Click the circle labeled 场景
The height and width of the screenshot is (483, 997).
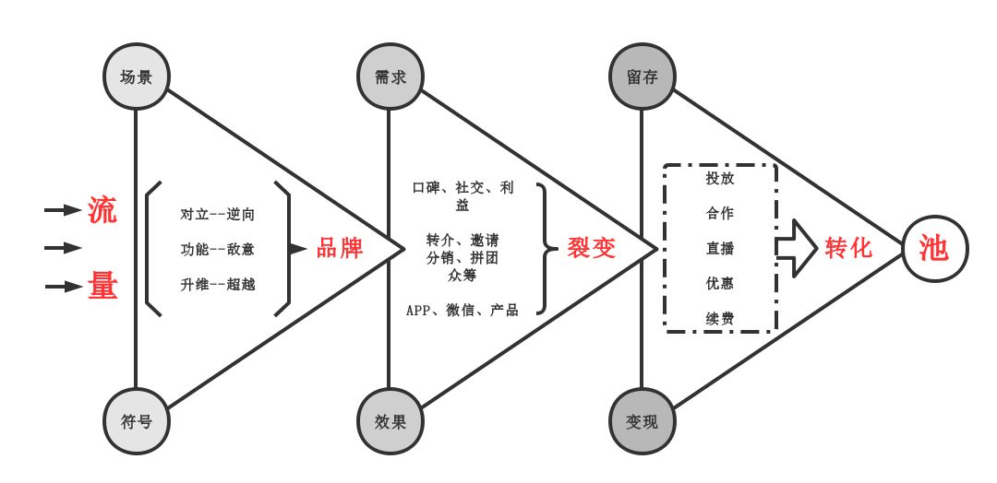click(x=136, y=77)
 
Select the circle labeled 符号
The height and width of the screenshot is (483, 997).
click(x=136, y=421)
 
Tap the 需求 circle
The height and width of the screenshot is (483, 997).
click(x=390, y=77)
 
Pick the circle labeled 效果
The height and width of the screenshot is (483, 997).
click(x=390, y=421)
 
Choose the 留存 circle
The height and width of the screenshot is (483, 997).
click(x=642, y=77)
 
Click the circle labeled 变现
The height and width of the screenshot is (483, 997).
click(x=642, y=421)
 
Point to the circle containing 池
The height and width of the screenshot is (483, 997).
click(x=934, y=248)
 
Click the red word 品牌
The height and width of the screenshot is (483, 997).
click(x=340, y=249)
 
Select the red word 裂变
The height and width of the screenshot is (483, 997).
click(x=592, y=248)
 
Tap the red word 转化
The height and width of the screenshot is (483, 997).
click(x=849, y=248)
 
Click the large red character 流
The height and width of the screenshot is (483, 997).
click(x=102, y=211)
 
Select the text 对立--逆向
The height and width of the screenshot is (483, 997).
click(x=218, y=215)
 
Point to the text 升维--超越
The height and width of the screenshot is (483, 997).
click(x=218, y=284)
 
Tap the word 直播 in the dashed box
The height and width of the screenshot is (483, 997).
click(x=720, y=248)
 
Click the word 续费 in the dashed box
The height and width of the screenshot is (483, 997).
click(x=720, y=318)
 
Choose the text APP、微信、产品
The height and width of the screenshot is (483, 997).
click(x=462, y=310)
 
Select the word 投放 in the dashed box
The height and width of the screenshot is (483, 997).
click(x=720, y=178)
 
